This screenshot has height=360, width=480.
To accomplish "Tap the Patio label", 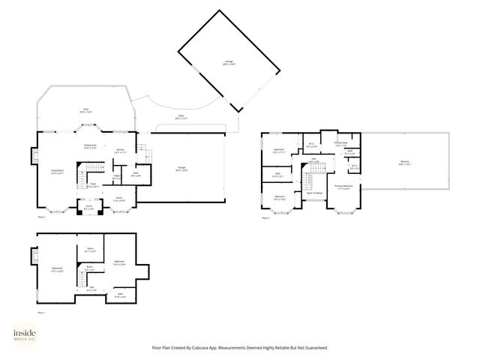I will click(181, 116).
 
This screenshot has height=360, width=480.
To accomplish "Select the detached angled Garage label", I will click(228, 63).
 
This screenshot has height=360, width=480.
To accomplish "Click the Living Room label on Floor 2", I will click(56, 171).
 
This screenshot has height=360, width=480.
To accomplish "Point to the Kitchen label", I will click(120, 150).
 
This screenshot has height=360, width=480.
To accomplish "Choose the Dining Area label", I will click(90, 146).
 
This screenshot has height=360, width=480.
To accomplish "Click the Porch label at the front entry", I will click(88, 206).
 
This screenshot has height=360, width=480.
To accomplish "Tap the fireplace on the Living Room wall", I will click(34, 156).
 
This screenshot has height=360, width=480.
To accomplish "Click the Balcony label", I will click(404, 163).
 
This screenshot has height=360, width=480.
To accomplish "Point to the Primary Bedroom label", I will click(343, 187).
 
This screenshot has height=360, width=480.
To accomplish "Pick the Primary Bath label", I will click(341, 144).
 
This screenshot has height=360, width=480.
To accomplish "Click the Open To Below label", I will click(314, 193).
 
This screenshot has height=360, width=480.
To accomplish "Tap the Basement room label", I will click(56, 269).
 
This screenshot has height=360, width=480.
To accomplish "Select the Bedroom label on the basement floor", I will click(119, 262).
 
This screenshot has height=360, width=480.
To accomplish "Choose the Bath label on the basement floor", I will click(119, 294).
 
